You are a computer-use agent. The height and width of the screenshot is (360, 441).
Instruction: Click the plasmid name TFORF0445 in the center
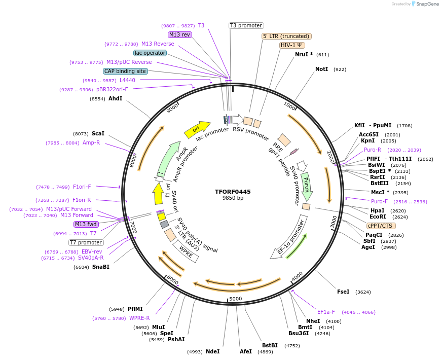[x=233, y=192]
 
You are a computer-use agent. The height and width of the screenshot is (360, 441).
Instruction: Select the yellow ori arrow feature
[x=197, y=130]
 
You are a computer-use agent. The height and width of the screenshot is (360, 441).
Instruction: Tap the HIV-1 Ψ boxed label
[x=292, y=45]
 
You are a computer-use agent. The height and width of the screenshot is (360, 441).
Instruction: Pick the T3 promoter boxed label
[x=246, y=25]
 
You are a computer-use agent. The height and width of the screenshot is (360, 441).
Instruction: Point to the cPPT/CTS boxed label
[x=381, y=226]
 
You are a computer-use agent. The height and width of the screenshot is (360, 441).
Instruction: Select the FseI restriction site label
[x=343, y=292]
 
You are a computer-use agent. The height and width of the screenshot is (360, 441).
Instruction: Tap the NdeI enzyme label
[x=213, y=351]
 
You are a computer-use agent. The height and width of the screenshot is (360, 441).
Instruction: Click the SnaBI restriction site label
[x=101, y=267]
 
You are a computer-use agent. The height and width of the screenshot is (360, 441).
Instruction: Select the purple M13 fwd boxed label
[x=86, y=224]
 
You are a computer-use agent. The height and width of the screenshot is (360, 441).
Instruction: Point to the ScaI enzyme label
[x=98, y=134]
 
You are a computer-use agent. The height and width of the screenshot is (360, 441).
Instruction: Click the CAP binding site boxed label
[x=125, y=71]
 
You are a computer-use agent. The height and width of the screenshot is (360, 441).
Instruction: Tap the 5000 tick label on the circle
[x=236, y=299]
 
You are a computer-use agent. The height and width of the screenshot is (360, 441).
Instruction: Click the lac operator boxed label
[x=150, y=53]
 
